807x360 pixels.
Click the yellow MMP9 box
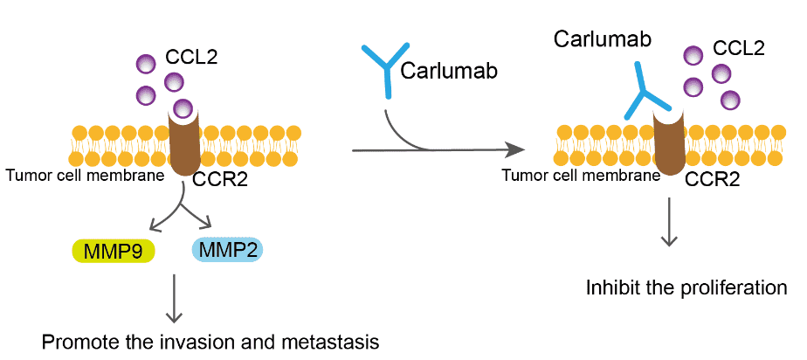pos(113,252)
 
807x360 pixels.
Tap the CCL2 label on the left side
pos(191,59)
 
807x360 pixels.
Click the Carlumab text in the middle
pos(449,72)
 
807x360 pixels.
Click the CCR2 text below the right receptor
pos(713,181)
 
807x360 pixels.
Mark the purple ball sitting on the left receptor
pos(183,108)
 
